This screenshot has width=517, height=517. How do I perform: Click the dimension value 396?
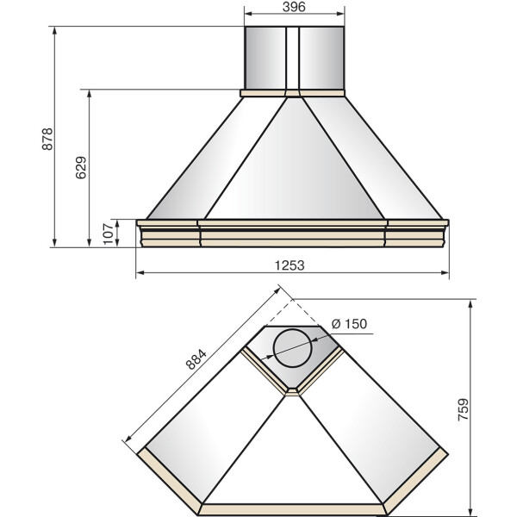(294, 7)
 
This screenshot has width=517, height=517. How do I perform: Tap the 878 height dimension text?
(47, 139)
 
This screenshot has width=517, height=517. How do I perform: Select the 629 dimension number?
(81, 167)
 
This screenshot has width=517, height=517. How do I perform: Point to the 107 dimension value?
(108, 234)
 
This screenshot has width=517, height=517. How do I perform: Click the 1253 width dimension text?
(290, 265)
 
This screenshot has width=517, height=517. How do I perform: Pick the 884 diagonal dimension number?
(196, 359)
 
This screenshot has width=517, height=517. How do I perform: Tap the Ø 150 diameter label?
(349, 324)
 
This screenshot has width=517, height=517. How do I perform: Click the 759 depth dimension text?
(463, 409)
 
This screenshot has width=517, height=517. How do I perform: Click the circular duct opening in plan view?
(292, 348)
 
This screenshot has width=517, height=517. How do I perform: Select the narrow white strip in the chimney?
(292, 58)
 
